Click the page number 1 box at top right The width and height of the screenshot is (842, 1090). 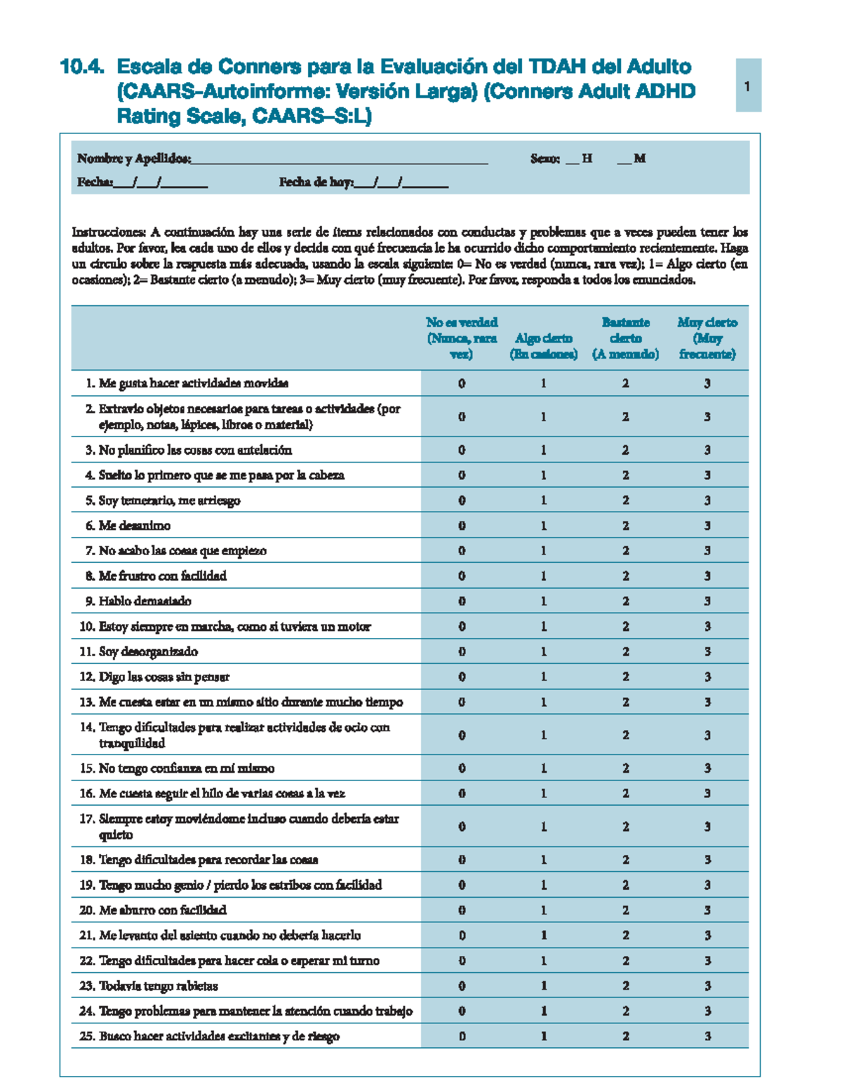pyautogui.click(x=748, y=86)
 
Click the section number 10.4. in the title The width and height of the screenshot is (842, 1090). pyautogui.click(x=82, y=67)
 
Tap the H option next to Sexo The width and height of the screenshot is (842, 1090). pyautogui.click(x=587, y=159)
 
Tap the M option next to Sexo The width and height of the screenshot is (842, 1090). pyautogui.click(x=639, y=159)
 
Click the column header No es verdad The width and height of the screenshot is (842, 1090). pyautogui.click(x=462, y=338)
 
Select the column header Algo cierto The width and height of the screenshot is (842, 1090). pyautogui.click(x=543, y=345)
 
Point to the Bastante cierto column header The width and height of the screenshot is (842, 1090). pyautogui.click(x=625, y=338)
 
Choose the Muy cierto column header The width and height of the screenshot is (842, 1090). pyautogui.click(x=707, y=338)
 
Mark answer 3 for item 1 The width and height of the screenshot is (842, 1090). pyautogui.click(x=707, y=383)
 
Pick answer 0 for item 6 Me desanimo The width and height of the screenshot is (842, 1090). pyautogui.click(x=462, y=526)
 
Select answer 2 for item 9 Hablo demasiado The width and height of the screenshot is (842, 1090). pyautogui.click(x=625, y=602)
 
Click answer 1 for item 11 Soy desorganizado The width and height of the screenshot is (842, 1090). pyautogui.click(x=543, y=652)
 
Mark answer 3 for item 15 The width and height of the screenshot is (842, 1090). pyautogui.click(x=707, y=769)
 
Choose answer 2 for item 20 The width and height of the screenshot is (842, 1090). pyautogui.click(x=625, y=910)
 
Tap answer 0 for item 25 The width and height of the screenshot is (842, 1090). pyautogui.click(x=462, y=1037)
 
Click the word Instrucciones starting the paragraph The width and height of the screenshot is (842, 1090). pyautogui.click(x=109, y=232)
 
